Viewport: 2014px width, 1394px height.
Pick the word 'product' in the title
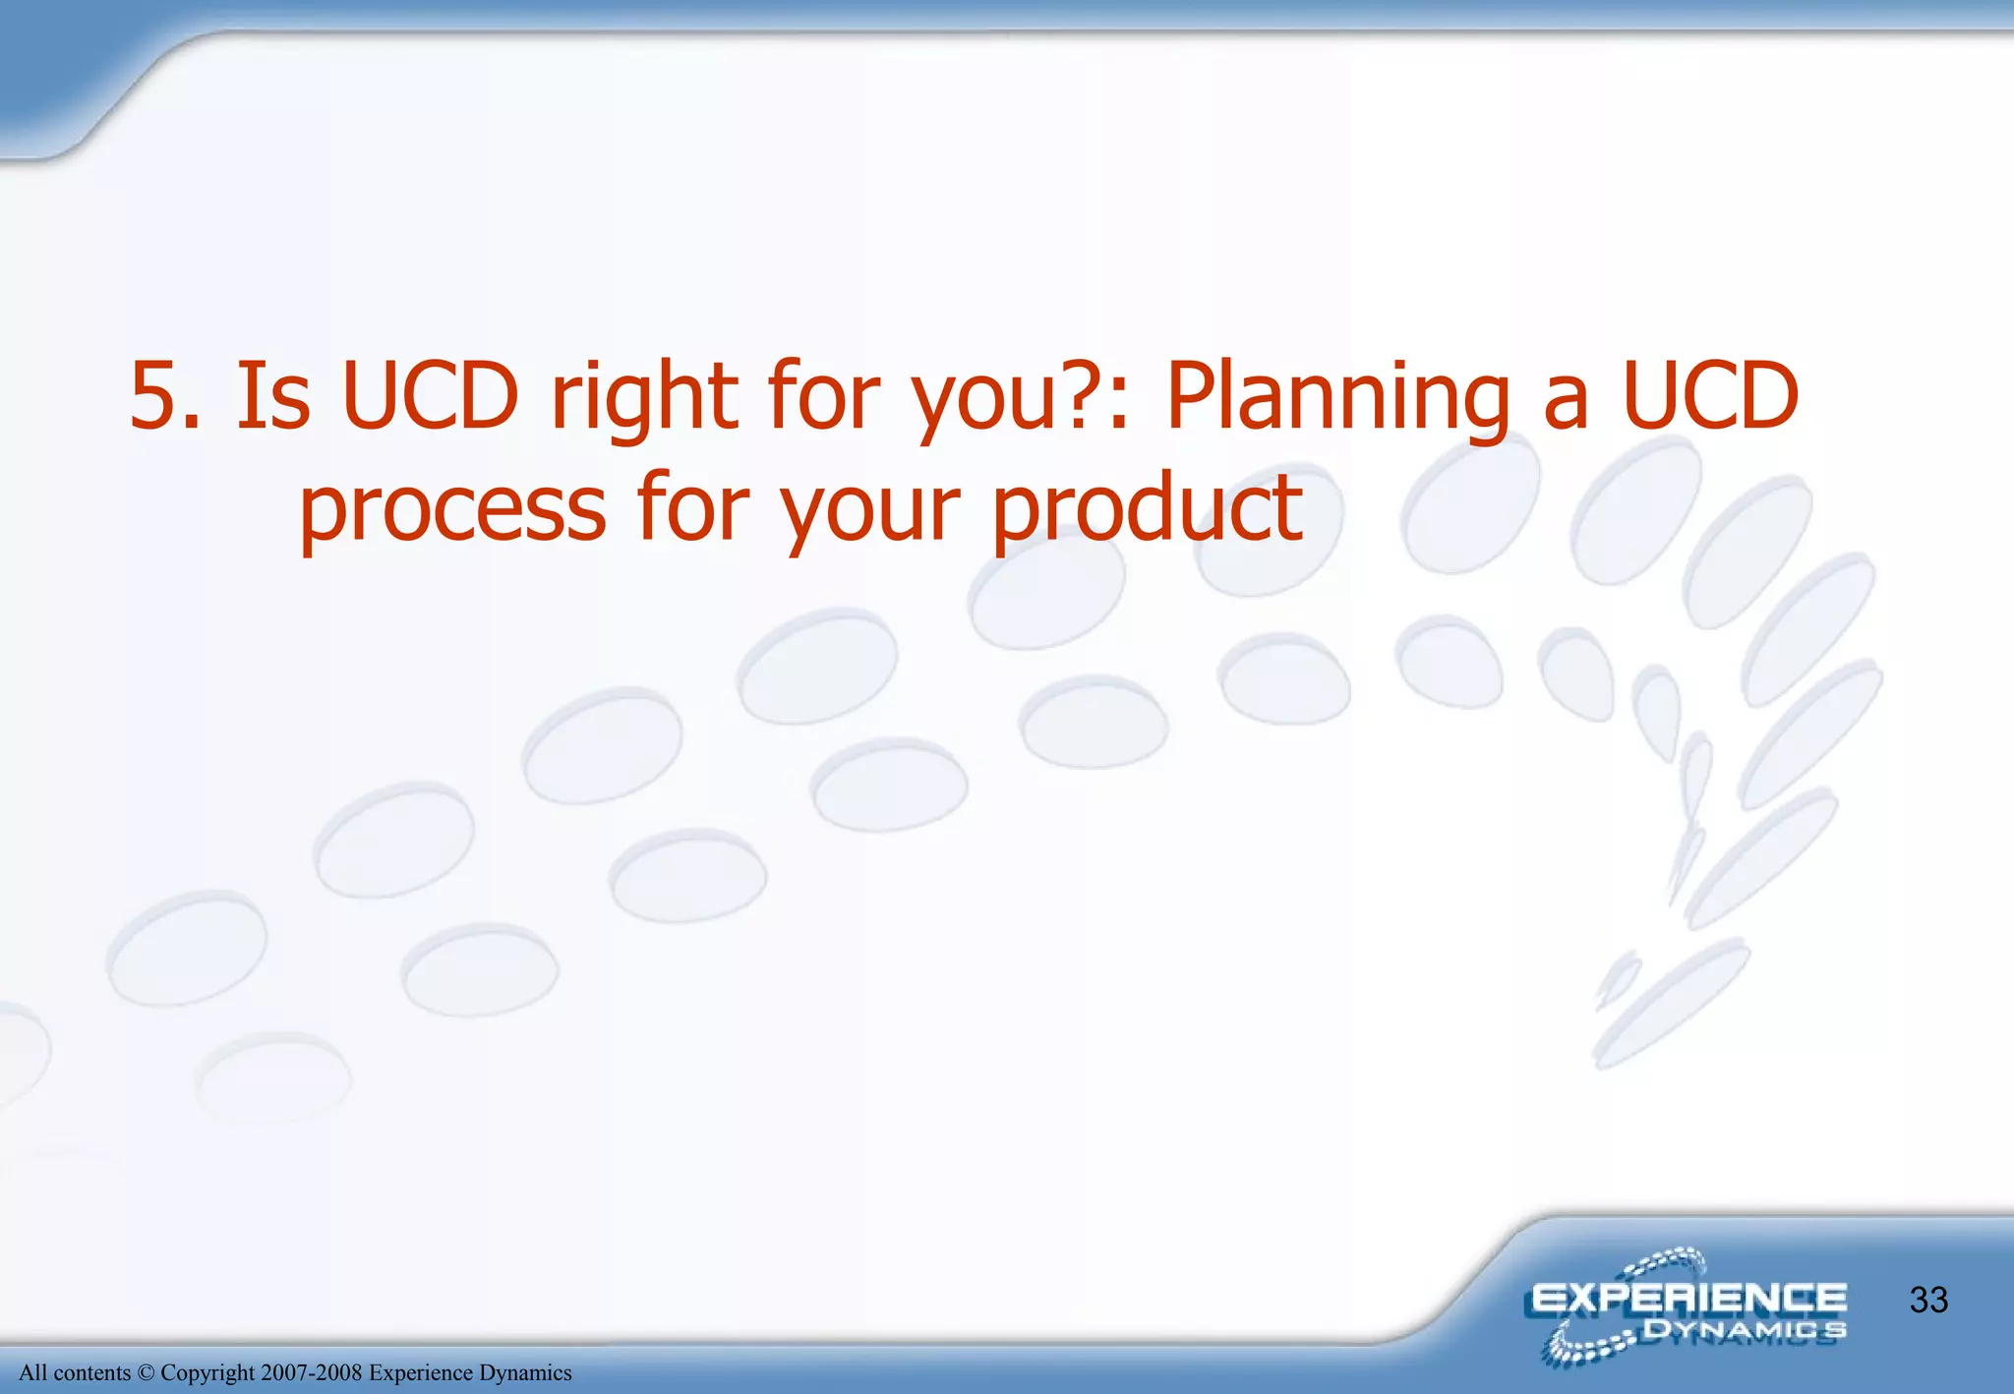click(1148, 509)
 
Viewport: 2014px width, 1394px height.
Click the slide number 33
click(1928, 1301)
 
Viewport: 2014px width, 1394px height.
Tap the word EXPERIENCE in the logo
click(1688, 1299)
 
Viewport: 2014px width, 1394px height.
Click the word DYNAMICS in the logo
click(1745, 1331)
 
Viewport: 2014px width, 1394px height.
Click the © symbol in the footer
click(146, 1372)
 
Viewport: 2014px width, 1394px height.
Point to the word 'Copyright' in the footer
click(207, 1373)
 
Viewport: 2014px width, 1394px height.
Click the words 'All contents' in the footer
click(75, 1372)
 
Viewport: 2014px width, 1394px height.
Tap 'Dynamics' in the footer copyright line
click(525, 1373)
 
